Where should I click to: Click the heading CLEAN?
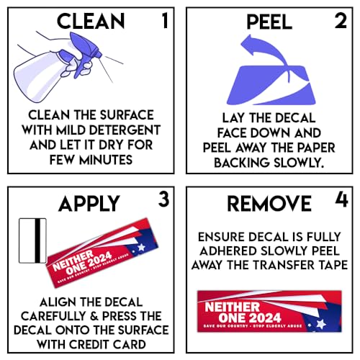[91, 21]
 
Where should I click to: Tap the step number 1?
[165, 21]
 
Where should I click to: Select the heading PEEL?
[269, 22]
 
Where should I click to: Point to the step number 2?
[341, 21]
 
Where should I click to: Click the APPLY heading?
[89, 204]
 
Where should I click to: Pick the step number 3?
[163, 199]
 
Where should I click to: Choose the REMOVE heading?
[269, 203]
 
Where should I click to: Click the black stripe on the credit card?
[37, 240]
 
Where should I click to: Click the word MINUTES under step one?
[106, 160]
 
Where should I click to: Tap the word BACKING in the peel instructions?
[242, 163]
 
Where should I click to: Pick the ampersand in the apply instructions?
[94, 316]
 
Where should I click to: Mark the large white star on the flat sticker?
[320, 324]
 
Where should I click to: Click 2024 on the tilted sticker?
[100, 260]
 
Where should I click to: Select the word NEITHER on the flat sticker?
[233, 307]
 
